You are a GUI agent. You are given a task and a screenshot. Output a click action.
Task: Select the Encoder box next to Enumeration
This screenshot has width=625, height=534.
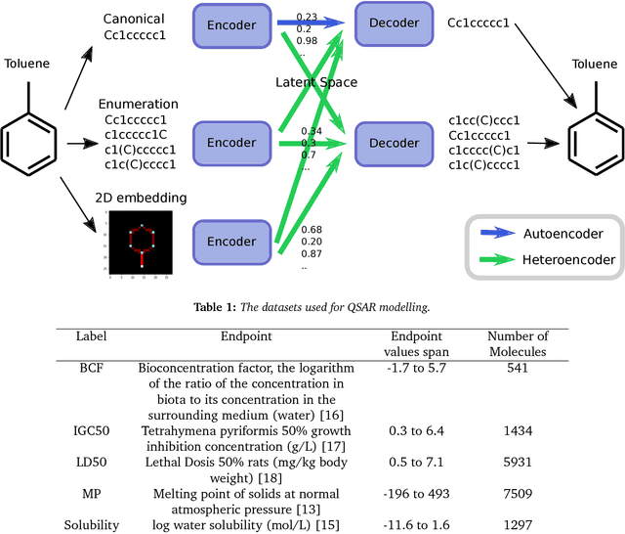coord(230,142)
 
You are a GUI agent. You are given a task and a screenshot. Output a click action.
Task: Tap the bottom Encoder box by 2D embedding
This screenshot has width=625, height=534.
coord(230,241)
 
